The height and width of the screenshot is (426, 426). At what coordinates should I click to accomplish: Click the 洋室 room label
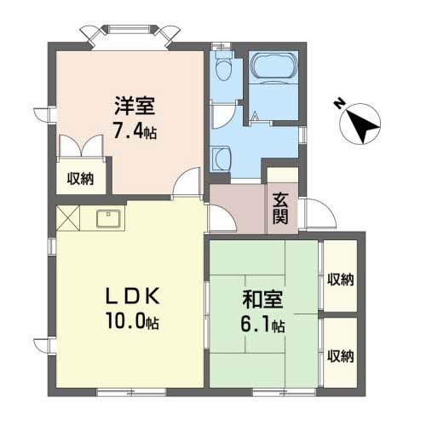pos(135,109)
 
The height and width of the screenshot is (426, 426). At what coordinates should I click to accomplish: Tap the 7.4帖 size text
pos(135,133)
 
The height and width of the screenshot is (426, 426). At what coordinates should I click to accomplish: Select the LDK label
pos(133,298)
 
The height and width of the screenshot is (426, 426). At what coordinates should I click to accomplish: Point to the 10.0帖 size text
pos(132,324)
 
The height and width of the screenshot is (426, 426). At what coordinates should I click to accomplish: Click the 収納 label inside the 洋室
pos(81,179)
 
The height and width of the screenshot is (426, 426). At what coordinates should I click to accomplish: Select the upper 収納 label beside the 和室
pos(340,279)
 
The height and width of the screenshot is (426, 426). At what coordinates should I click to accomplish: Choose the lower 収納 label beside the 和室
pos(340,354)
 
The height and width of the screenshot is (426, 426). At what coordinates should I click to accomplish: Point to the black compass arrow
pos(362,125)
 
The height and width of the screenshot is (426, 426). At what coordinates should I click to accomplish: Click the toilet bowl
pos(223,66)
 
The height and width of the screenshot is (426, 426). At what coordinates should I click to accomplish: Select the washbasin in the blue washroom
pos(222,157)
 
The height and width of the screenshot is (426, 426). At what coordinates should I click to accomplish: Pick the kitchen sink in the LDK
pos(108,221)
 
